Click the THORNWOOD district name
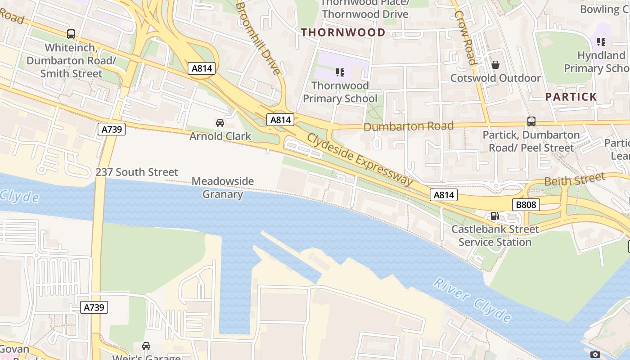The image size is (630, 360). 343,32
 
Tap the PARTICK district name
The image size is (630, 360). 571,97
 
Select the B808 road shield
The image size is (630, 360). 526,205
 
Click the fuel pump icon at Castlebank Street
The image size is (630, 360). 495,216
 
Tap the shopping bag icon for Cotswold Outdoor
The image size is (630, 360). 495,65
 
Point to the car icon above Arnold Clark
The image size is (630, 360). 220,123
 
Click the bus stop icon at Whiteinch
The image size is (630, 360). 71,34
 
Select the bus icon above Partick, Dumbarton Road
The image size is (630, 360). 531,121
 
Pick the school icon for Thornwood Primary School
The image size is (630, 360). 340,72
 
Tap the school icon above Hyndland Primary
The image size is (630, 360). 601,42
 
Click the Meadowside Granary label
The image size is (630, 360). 223,188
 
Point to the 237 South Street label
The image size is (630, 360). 137,172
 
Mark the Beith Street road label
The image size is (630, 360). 575,180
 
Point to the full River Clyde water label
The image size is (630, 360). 472,300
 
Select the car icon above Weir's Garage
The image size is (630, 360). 146,346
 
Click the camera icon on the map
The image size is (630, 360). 595,354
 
